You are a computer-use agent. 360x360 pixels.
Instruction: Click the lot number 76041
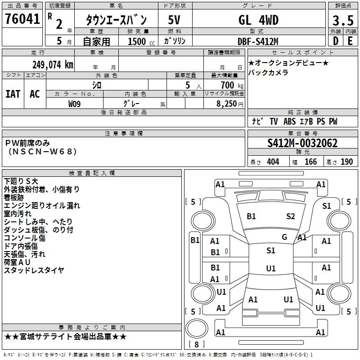(x=22, y=20)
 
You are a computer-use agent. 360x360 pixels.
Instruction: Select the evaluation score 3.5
(x=343, y=21)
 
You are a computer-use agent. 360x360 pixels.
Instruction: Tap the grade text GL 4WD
(x=258, y=20)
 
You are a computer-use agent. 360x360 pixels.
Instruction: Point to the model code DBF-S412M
(x=258, y=41)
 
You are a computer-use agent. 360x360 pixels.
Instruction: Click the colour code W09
(x=75, y=104)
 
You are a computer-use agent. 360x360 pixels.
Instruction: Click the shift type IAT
(x=13, y=94)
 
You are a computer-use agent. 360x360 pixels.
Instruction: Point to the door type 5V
(x=175, y=20)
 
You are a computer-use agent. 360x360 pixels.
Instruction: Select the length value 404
(x=273, y=162)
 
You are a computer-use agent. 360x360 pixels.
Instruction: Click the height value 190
(x=346, y=162)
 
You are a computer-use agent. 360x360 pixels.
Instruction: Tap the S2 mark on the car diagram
(x=291, y=216)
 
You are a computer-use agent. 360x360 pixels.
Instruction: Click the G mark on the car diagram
(x=284, y=237)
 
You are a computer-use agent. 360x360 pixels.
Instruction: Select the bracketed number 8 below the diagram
(x=196, y=345)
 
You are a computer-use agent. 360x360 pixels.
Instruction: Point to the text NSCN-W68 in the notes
(x=43, y=151)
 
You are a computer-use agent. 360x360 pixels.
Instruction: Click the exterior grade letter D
(x=335, y=41)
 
